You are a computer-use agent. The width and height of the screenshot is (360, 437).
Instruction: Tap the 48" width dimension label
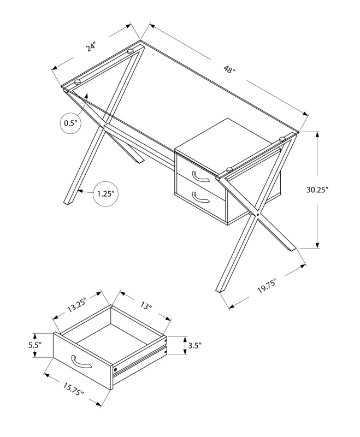coord(229,70)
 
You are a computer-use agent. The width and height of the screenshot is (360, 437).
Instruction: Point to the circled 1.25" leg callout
coord(107,193)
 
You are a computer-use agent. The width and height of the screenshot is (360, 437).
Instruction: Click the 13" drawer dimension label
coord(145,306)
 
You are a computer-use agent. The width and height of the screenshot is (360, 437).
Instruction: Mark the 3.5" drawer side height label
coord(195,345)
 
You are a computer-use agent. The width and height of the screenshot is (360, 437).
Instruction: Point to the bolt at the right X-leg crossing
coord(257,214)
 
